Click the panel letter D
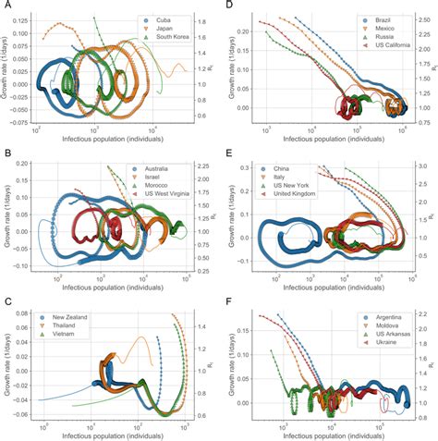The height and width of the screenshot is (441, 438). (x=225, y=6)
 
